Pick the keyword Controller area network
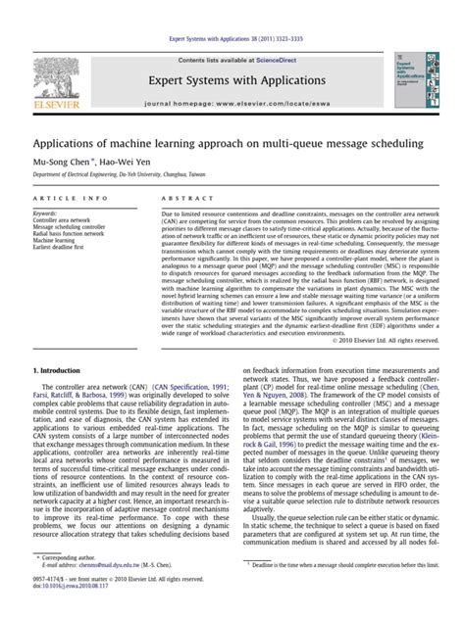64,221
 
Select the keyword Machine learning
55,242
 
